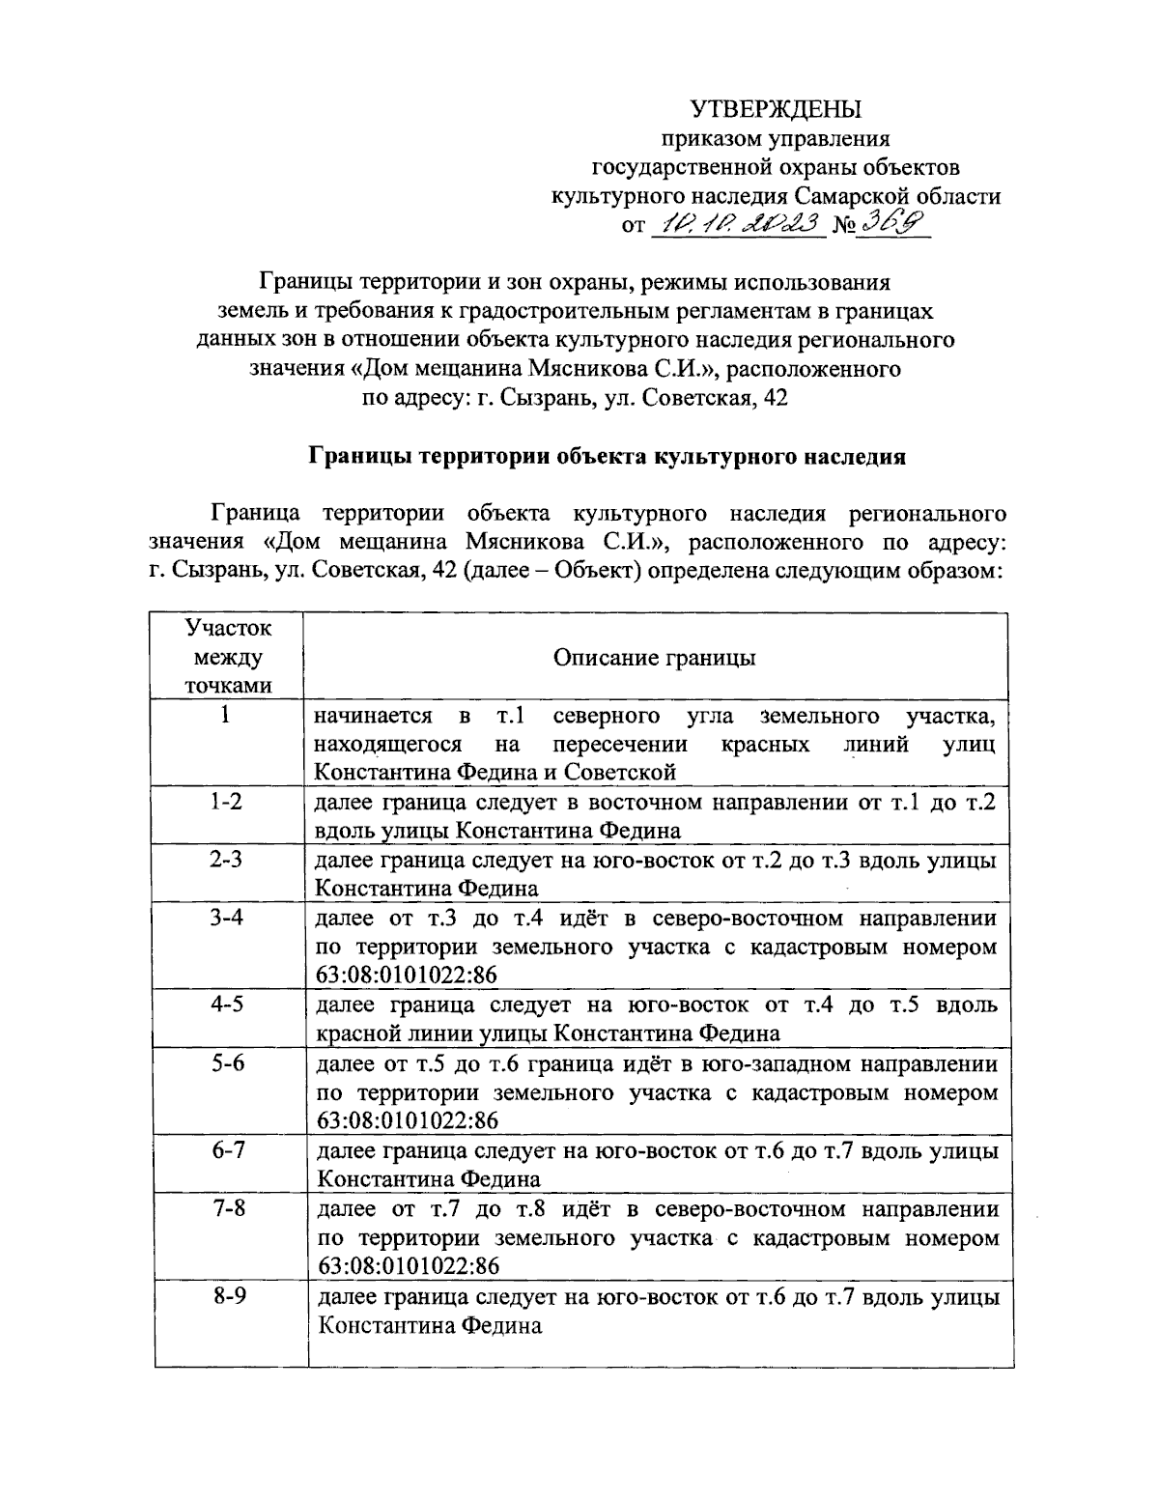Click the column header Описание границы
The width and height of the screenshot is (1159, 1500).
point(654,658)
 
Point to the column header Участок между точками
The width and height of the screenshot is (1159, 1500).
point(228,657)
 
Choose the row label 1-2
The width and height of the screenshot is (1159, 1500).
point(228,802)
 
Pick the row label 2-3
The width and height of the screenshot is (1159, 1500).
point(228,860)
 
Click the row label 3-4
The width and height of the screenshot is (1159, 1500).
point(228,918)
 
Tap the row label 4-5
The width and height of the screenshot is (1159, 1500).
point(228,1005)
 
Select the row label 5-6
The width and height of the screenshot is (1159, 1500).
point(228,1063)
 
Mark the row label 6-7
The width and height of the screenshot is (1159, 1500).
point(228,1150)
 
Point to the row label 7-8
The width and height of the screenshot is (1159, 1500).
point(228,1208)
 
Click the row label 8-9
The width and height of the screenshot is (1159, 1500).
point(228,1296)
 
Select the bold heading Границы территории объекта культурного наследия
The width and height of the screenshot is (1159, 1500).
point(607,457)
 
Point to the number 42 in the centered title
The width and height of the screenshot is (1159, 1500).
point(775,397)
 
